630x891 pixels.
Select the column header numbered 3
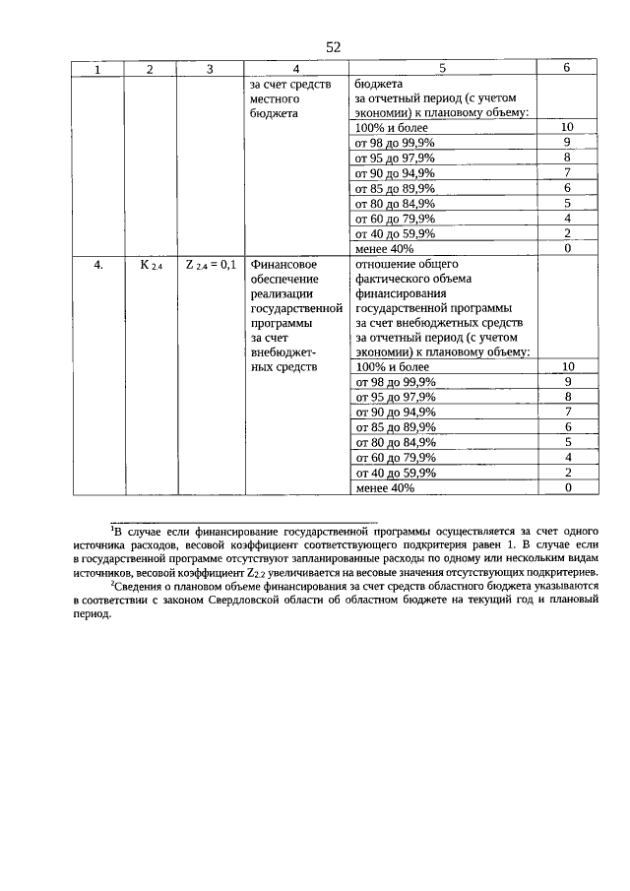tap(210, 69)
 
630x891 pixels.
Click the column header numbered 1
tap(96, 69)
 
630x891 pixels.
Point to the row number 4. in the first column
tap(97, 265)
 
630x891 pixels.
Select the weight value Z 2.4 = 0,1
tap(210, 265)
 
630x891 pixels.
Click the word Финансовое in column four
tap(283, 265)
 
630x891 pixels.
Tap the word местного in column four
tap(274, 98)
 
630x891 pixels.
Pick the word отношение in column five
tap(387, 264)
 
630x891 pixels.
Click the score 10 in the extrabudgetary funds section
tap(567, 366)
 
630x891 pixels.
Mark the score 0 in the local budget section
tap(567, 249)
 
